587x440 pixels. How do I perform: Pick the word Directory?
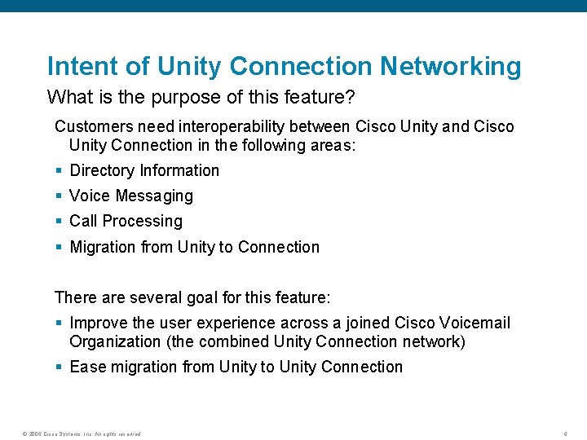(x=103, y=170)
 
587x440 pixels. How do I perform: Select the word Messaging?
(x=154, y=196)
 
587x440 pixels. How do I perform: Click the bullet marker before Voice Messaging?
(x=59, y=196)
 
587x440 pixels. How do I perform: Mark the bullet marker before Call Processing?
(x=59, y=222)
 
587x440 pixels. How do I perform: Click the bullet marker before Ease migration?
(x=59, y=367)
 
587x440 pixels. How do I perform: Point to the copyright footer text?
(x=82, y=433)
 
